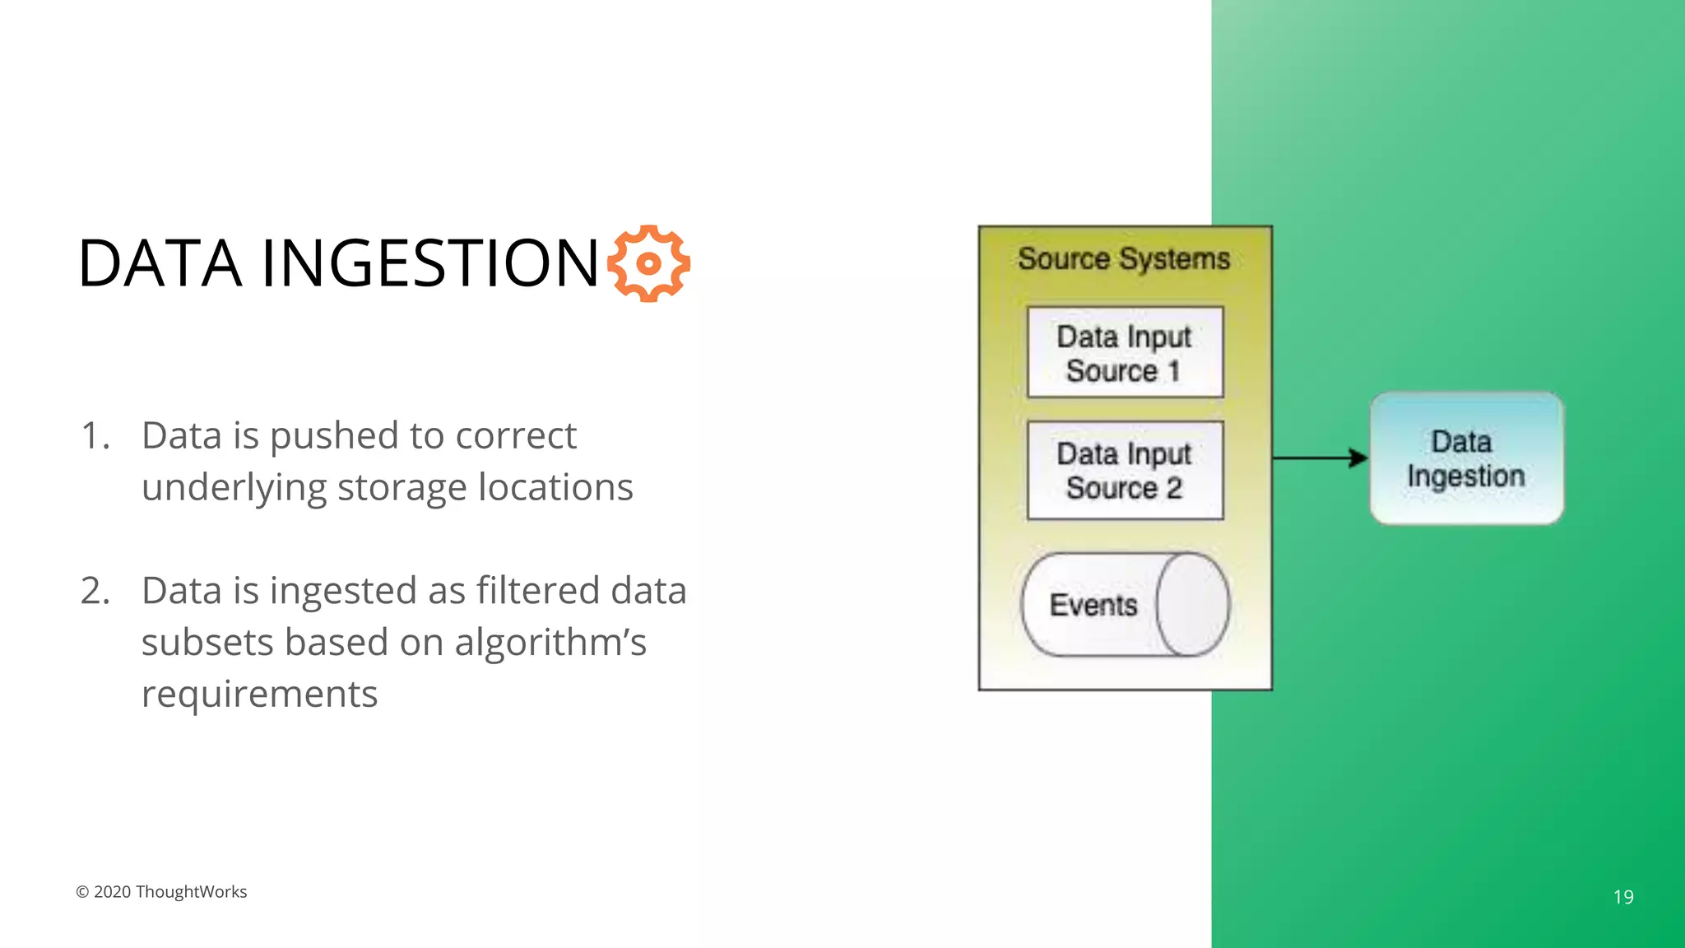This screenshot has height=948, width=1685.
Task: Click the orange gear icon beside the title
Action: click(648, 263)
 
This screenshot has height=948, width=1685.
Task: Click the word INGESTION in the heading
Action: click(430, 263)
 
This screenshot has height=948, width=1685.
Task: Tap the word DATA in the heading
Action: click(160, 263)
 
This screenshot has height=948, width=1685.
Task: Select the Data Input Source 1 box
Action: click(1125, 353)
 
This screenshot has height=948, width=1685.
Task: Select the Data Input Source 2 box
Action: click(1125, 471)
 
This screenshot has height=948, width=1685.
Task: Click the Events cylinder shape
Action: click(1124, 605)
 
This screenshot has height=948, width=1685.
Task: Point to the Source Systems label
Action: click(1124, 259)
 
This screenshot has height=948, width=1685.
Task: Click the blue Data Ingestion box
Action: click(1466, 458)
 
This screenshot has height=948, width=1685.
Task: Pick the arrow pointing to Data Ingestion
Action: click(1320, 458)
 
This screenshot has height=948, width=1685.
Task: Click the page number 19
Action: click(1623, 897)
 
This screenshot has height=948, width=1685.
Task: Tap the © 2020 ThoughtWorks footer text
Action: click(161, 892)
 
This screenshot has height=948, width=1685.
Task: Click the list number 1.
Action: click(95, 436)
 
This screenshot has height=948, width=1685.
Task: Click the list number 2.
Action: click(95, 591)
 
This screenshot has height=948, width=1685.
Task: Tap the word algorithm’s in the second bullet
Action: click(550, 643)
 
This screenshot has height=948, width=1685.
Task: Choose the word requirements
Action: click(259, 695)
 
